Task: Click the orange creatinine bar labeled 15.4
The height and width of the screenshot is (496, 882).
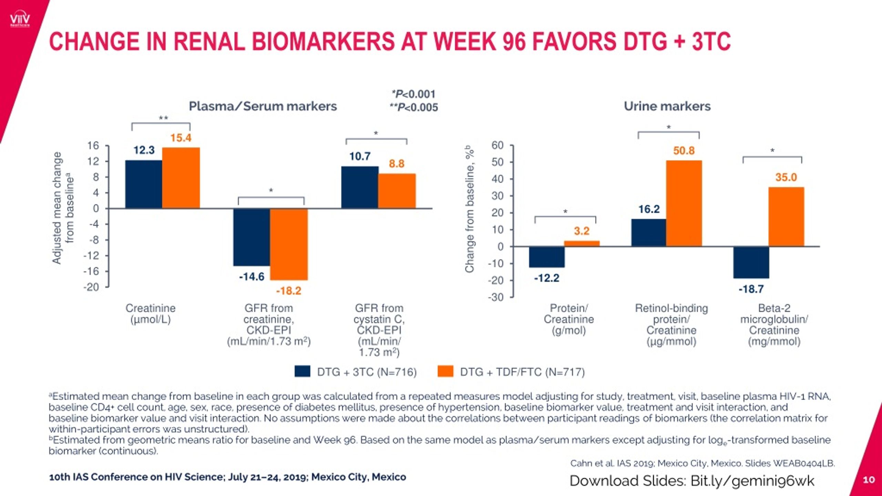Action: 181,178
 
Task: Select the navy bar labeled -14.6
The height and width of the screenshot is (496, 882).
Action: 252,237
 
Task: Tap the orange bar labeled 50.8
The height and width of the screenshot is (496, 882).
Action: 684,203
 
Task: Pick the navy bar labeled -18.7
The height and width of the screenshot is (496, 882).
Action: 751,262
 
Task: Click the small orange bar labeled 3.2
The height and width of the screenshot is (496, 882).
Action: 582,244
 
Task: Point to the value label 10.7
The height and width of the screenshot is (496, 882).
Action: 360,156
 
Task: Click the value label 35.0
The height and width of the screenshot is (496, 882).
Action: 786,177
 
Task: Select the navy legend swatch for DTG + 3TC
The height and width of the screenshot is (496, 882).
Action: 302,372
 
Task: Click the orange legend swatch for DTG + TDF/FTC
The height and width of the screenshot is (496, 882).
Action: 445,372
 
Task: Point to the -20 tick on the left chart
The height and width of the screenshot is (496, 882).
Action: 91,287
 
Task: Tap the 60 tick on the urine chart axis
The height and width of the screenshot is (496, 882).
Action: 498,145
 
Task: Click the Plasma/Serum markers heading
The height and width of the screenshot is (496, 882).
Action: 263,106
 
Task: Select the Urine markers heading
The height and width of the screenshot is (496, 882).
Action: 667,106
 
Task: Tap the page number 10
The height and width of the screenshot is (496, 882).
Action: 869,479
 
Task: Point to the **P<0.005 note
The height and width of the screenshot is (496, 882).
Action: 413,107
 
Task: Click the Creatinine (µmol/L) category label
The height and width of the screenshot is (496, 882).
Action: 151,313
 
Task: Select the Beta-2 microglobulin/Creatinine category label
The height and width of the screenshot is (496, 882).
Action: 774,324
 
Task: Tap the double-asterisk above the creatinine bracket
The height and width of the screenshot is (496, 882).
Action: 163,118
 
